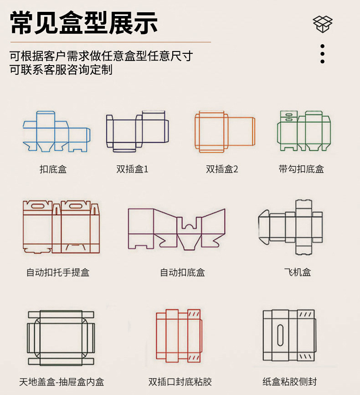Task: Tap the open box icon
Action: click(323, 24)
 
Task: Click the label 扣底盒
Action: click(53, 169)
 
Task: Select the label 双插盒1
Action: click(132, 169)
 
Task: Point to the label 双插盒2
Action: click(222, 169)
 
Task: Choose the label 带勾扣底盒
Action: click(301, 169)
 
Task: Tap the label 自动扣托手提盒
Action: click(58, 272)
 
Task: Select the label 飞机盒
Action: click(297, 272)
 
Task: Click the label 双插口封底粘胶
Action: click(180, 382)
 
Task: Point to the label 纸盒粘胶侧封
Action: click(289, 382)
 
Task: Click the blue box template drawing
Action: click(57, 132)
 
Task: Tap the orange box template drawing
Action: click(224, 131)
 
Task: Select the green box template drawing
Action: click(303, 131)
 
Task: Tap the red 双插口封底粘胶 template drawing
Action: click(178, 336)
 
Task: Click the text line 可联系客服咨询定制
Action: click(61, 70)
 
